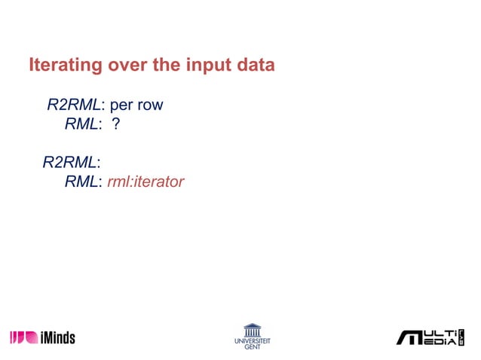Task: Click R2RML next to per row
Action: point(74,105)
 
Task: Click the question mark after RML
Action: point(116,124)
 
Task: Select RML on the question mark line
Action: point(81,124)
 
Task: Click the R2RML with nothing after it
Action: point(70,163)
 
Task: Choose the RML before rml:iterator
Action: point(81,182)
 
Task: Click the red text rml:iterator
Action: point(146,182)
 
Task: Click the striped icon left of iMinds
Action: point(23,337)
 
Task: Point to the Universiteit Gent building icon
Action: point(252,329)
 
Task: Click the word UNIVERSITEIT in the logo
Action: point(252,341)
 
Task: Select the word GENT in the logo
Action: point(252,347)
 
